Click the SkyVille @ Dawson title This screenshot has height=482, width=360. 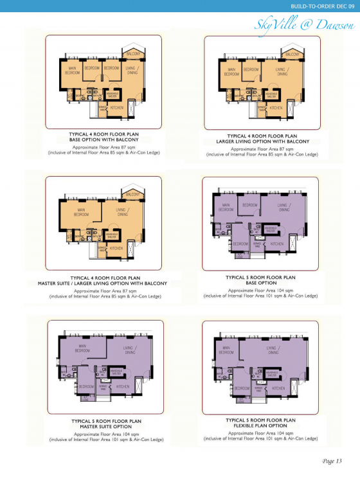[304, 24]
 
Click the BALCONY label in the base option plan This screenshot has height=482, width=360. [132, 53]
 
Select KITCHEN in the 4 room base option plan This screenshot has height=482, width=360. [116, 108]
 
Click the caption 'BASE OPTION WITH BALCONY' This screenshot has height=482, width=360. [104, 139]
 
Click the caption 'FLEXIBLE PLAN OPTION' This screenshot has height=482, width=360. [261, 425]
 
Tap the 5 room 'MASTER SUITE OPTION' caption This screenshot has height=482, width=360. [105, 426]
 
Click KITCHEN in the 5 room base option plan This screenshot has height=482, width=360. [277, 244]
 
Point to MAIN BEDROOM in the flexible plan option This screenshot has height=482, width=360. [226, 350]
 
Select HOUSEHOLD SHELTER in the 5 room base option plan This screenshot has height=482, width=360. [268, 229]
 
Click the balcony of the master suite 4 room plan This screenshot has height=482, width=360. [132, 194]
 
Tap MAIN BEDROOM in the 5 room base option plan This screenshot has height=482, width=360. [226, 207]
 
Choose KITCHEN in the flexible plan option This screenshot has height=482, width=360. [278, 388]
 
